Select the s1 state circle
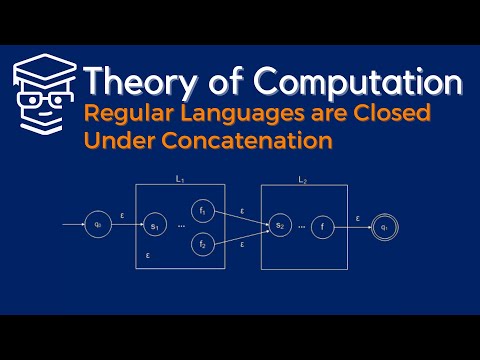[x=154, y=226]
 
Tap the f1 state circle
[x=202, y=211]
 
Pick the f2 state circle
[x=202, y=243]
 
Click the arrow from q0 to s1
[x=127, y=226]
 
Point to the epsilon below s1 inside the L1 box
[x=148, y=256]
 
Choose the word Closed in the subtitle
[x=393, y=114]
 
